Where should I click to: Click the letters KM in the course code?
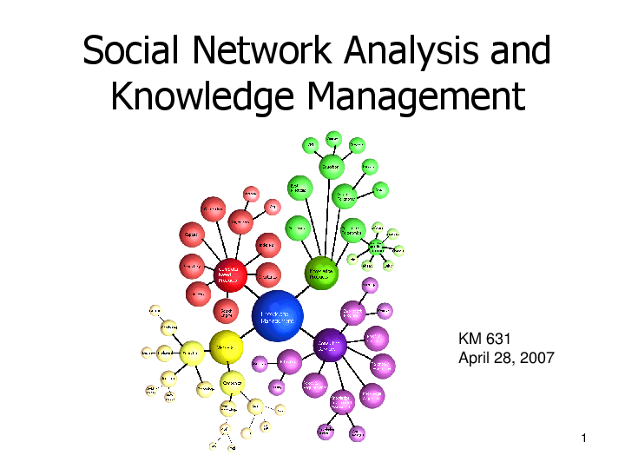tap(469, 340)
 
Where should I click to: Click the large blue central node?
tap(277, 316)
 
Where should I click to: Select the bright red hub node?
tap(230, 274)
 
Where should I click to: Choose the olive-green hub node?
tap(321, 273)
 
